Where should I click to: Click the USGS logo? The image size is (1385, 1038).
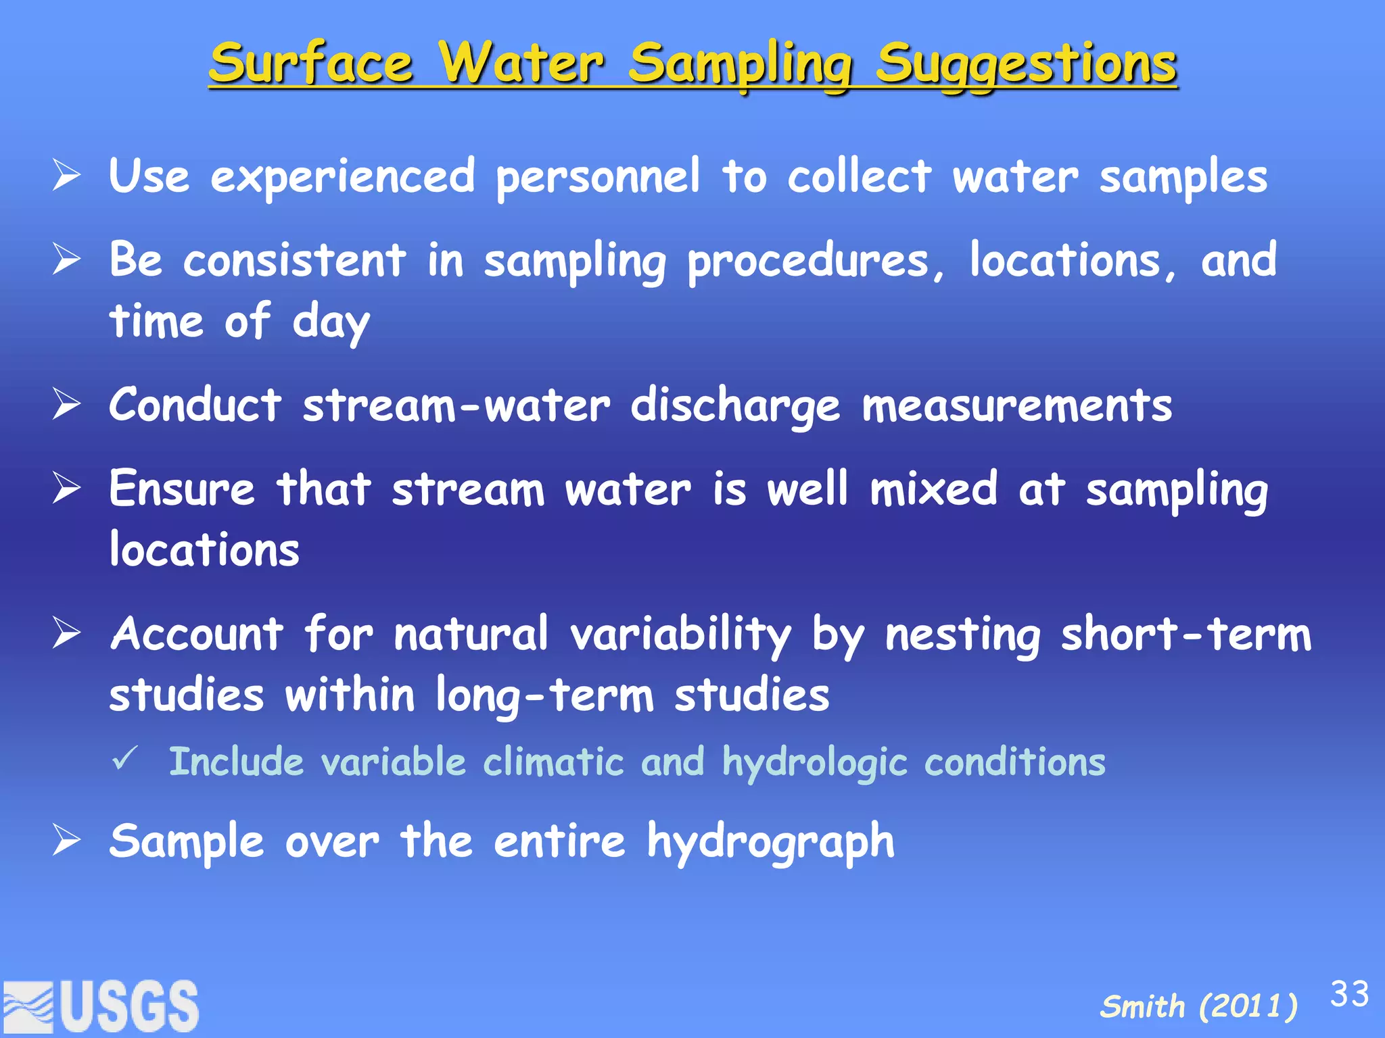pos(101,1006)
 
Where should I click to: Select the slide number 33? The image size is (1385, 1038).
pos(1349,994)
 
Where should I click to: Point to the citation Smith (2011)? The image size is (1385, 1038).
pos(1198,1006)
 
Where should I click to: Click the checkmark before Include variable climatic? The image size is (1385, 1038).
pos(126,759)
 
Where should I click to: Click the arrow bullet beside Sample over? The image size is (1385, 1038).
pos(67,841)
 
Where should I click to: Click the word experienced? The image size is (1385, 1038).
pos(343,178)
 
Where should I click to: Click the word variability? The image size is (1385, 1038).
pos(680,636)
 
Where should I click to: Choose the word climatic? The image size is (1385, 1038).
pos(553,762)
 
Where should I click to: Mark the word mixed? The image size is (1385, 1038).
pos(933,489)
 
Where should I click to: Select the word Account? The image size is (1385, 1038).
pos(197,635)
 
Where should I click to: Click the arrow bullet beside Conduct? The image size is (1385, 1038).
pos(67,405)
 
